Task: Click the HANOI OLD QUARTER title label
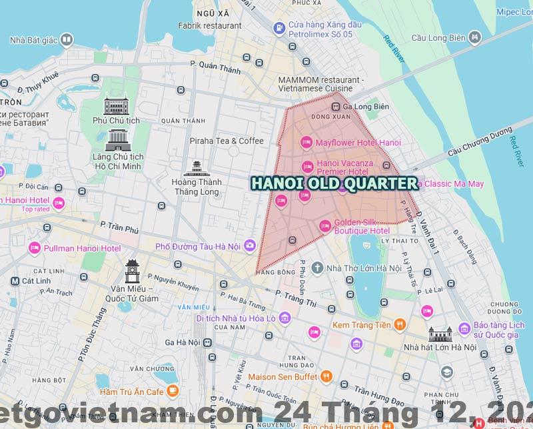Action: [333, 183]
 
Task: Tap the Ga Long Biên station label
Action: [366, 107]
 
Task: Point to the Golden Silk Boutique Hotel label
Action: [362, 226]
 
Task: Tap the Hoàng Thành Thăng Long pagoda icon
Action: [197, 168]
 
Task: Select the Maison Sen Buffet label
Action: [282, 376]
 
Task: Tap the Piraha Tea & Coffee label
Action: [227, 141]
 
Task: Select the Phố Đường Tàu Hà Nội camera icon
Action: [250, 246]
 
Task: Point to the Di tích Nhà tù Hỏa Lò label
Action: [235, 318]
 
